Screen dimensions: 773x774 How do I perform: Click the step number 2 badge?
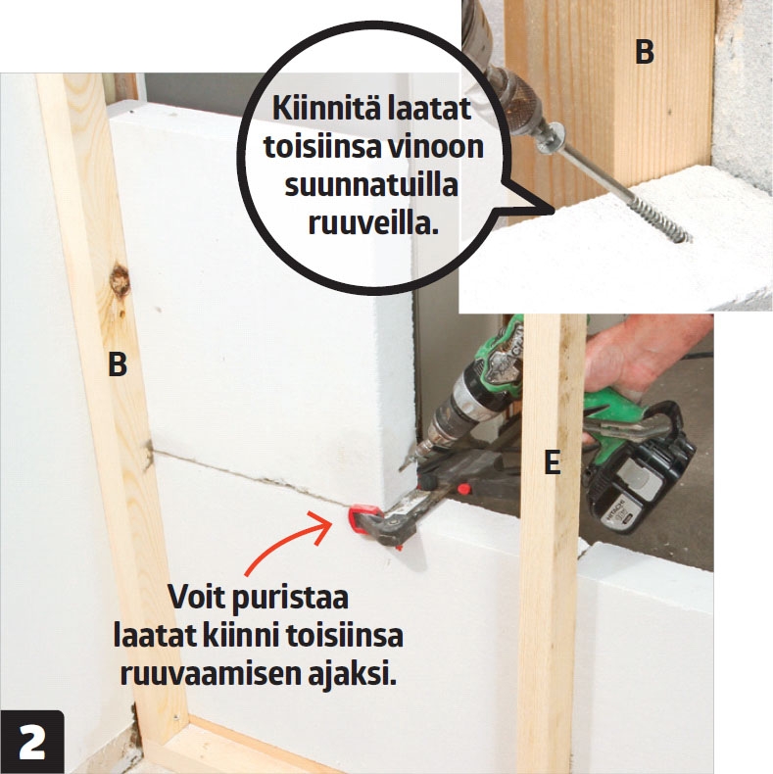point(32,742)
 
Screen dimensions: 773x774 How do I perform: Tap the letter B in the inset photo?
point(645,52)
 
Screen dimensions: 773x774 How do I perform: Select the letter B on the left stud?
point(118,364)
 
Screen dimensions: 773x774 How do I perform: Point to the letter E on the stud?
point(553,462)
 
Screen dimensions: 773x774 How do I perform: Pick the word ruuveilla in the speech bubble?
point(373,223)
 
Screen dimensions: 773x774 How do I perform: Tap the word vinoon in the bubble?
point(434,147)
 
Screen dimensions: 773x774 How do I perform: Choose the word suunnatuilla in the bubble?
point(371,185)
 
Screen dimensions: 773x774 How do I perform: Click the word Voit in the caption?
point(197,597)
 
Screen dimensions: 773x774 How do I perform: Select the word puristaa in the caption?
point(290,599)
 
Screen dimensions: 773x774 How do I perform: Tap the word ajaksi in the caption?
point(353,675)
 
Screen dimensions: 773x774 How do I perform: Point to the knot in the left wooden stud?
point(119,280)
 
